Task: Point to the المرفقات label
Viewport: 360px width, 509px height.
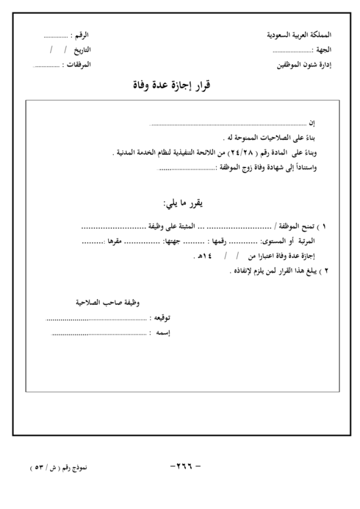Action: click(79, 63)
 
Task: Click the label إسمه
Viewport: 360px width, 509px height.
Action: click(160, 332)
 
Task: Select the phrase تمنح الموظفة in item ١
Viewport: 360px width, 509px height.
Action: click(297, 228)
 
